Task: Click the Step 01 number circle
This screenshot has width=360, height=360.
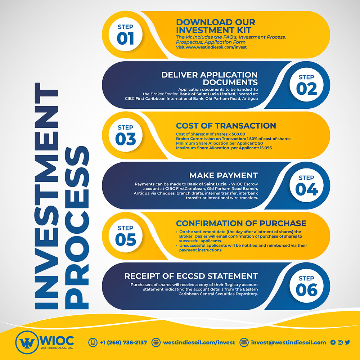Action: click(x=125, y=35)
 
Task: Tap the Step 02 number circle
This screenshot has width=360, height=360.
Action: click(x=306, y=85)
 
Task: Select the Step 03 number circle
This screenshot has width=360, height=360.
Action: click(x=125, y=135)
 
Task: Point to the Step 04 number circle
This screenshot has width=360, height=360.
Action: click(x=306, y=185)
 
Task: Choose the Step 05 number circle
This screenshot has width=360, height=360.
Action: click(x=125, y=235)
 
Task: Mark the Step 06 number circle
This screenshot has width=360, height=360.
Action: click(x=306, y=286)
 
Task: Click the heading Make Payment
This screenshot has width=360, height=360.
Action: click(x=224, y=175)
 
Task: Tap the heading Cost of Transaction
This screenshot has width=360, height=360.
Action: click(x=226, y=126)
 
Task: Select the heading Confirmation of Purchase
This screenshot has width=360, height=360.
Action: click(x=241, y=224)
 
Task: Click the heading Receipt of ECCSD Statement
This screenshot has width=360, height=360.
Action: click(x=191, y=276)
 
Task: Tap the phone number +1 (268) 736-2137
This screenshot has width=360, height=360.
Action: click(x=123, y=343)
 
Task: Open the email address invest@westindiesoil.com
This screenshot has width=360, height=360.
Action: click(x=289, y=343)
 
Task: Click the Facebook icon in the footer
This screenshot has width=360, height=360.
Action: click(x=333, y=343)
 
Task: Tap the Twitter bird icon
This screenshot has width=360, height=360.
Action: click(x=347, y=343)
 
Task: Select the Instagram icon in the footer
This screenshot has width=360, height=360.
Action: click(x=340, y=343)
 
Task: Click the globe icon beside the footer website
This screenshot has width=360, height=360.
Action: click(x=156, y=343)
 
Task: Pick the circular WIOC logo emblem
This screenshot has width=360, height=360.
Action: click(x=27, y=342)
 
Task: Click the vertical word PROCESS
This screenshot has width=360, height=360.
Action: click(x=77, y=228)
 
